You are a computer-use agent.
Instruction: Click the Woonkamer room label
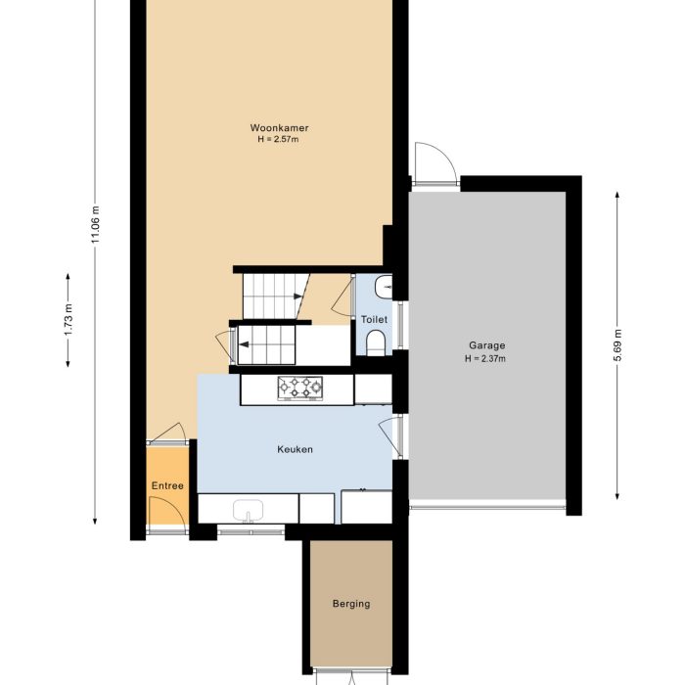(x=272, y=128)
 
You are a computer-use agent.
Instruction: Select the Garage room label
(x=486, y=345)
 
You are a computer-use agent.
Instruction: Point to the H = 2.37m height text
(x=486, y=358)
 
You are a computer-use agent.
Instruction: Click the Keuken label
(x=295, y=450)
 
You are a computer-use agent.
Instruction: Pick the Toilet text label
(x=374, y=320)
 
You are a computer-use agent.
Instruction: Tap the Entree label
(x=167, y=486)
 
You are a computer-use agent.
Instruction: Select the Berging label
(x=351, y=604)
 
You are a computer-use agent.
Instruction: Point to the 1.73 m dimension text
(x=68, y=321)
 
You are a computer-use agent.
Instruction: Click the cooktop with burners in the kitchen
(x=299, y=388)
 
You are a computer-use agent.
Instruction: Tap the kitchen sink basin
(x=249, y=510)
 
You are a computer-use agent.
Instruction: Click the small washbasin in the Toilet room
(x=386, y=287)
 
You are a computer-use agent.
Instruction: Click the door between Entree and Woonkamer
(x=166, y=434)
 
